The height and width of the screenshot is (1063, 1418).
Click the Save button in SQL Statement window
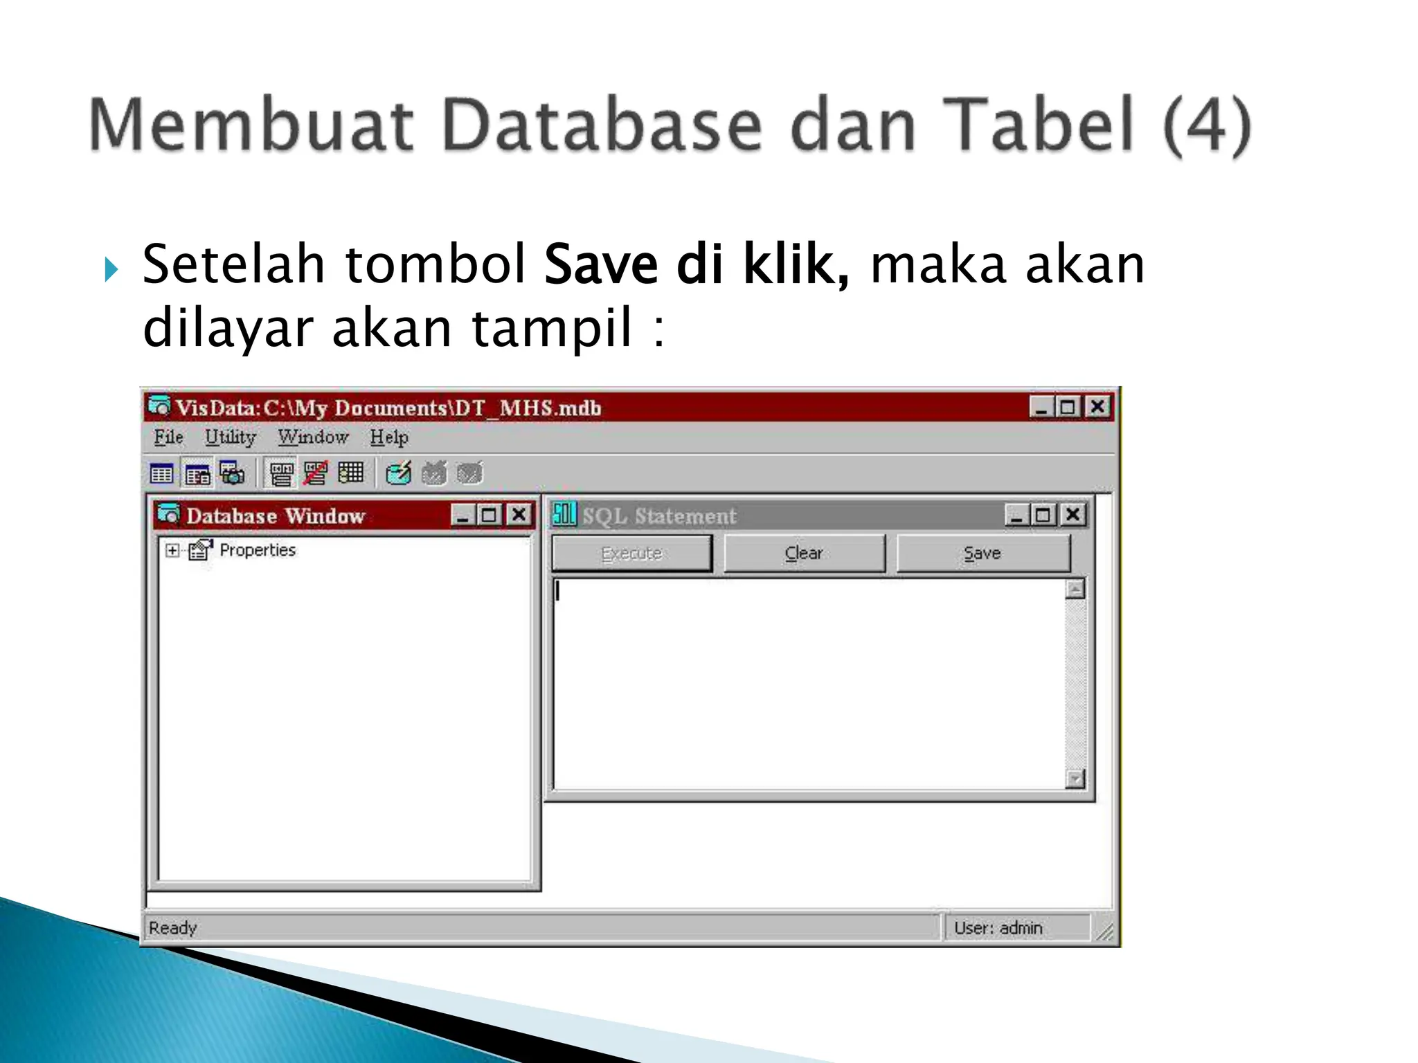(x=982, y=553)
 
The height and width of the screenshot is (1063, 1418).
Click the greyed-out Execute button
(x=631, y=553)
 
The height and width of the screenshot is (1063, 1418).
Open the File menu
(x=168, y=437)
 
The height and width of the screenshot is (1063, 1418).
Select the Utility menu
(x=230, y=437)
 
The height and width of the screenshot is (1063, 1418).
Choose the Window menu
(x=313, y=437)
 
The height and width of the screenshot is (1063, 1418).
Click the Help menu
(x=388, y=437)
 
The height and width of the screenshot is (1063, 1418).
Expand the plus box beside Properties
(x=172, y=550)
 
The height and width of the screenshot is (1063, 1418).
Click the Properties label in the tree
(x=258, y=550)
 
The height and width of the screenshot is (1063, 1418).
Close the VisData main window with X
(x=1097, y=407)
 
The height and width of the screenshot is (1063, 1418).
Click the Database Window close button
(x=519, y=515)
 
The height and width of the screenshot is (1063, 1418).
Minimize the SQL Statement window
(x=1016, y=515)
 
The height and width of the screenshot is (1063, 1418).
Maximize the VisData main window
(x=1068, y=407)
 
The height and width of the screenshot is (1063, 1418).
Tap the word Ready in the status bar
(x=173, y=927)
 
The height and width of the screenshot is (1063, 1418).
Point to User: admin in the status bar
(x=998, y=927)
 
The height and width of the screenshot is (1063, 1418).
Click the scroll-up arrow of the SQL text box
(x=1075, y=590)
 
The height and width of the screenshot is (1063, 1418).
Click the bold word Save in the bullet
(x=600, y=264)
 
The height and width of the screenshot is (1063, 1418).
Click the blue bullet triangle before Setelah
(x=111, y=269)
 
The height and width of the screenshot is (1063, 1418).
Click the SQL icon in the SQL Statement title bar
(x=564, y=514)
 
